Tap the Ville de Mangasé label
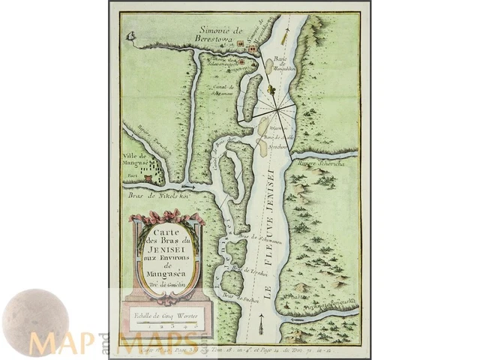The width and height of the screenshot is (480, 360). [136, 163]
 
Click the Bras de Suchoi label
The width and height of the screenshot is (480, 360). [237, 297]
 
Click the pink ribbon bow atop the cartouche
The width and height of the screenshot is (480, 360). [166, 219]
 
